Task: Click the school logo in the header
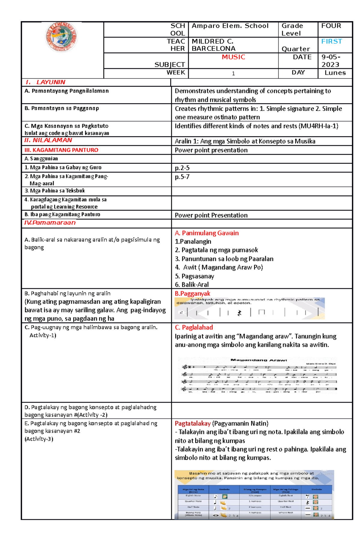click(x=62, y=38)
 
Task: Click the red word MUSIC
click(x=233, y=57)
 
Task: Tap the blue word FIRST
click(x=331, y=41)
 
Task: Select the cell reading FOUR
click(x=331, y=26)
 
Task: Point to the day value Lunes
click(x=335, y=73)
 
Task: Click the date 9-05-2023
click(x=331, y=61)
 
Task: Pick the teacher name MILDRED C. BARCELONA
click(x=213, y=45)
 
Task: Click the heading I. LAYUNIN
click(x=45, y=82)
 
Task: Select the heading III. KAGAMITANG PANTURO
click(x=61, y=150)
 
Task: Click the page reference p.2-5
click(x=182, y=168)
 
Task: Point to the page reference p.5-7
click(x=182, y=177)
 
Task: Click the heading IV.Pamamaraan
click(x=50, y=223)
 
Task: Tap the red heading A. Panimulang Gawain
click(x=207, y=233)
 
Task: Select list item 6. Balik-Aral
click(x=192, y=284)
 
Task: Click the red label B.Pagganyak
click(x=192, y=293)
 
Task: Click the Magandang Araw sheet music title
click(x=259, y=360)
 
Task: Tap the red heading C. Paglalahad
click(x=194, y=327)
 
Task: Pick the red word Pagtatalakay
click(x=193, y=424)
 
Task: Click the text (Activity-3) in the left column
click(x=39, y=439)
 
